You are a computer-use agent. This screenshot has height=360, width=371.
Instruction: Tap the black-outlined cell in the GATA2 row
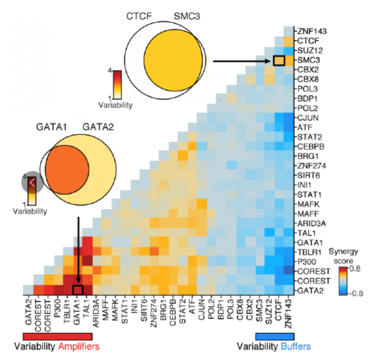click(77, 291)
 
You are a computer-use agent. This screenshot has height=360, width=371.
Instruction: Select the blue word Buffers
click(296, 347)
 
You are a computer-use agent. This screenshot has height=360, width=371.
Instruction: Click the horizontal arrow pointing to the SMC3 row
click(241, 61)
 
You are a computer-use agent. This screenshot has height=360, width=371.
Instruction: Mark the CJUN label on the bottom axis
click(200, 308)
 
